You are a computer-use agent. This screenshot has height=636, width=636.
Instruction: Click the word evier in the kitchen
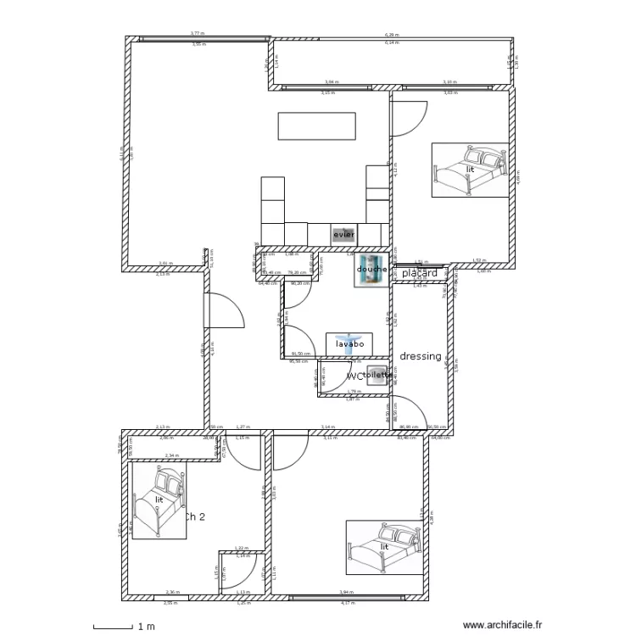(x=343, y=234)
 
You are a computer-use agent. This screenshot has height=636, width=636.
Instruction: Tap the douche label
(x=371, y=270)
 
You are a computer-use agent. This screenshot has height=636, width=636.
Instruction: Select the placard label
(x=420, y=273)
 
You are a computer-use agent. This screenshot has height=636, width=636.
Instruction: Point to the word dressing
(x=421, y=357)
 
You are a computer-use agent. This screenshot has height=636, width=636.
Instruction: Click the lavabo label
(x=350, y=344)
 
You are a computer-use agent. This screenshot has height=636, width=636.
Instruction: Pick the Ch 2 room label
(x=194, y=516)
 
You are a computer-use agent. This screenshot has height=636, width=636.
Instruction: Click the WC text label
(x=354, y=376)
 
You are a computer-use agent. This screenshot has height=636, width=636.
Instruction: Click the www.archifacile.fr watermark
(x=501, y=625)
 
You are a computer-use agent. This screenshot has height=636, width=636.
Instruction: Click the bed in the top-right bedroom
(x=470, y=170)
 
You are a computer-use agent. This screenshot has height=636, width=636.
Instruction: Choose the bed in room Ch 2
(x=159, y=502)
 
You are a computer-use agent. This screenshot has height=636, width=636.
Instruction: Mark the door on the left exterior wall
(x=220, y=310)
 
